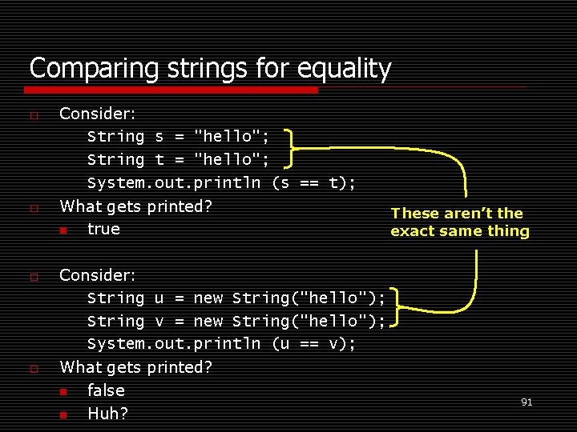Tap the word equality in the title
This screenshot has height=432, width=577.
tap(344, 70)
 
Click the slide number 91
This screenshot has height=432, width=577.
tap(527, 402)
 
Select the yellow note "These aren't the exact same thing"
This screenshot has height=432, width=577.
tap(459, 222)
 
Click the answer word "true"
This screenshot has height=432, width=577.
tap(103, 230)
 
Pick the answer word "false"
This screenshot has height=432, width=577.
tap(106, 390)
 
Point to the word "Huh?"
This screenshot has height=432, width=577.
tap(107, 414)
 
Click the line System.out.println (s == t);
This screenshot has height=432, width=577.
tap(221, 183)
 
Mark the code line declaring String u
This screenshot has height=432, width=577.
tap(236, 298)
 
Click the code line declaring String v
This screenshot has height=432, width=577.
tap(236, 322)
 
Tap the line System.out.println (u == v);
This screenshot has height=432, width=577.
tap(221, 344)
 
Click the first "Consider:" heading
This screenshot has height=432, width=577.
tap(98, 114)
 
